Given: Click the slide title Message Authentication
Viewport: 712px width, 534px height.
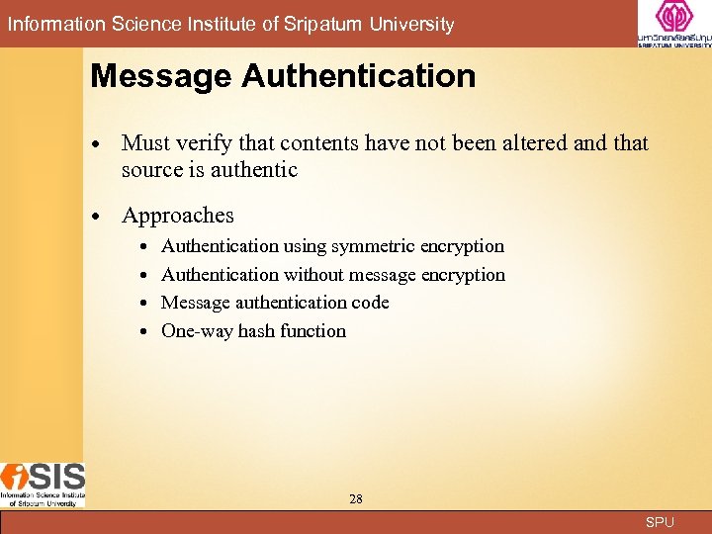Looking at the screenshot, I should click(283, 76).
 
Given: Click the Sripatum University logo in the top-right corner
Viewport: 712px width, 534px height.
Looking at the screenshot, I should click(673, 24).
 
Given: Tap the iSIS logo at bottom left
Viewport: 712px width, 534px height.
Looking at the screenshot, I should click(43, 485).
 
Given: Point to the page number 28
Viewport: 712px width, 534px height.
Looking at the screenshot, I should click(356, 499).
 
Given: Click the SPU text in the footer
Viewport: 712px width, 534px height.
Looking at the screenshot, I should click(659, 522).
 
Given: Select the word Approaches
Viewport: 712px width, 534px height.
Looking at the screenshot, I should click(178, 216).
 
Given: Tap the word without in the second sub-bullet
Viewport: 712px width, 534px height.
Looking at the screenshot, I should click(315, 275).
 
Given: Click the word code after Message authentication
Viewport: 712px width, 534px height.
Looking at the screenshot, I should click(370, 303).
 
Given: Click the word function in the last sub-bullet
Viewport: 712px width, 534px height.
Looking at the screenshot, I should click(312, 331).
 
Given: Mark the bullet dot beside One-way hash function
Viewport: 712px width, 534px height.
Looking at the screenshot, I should click(144, 332).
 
